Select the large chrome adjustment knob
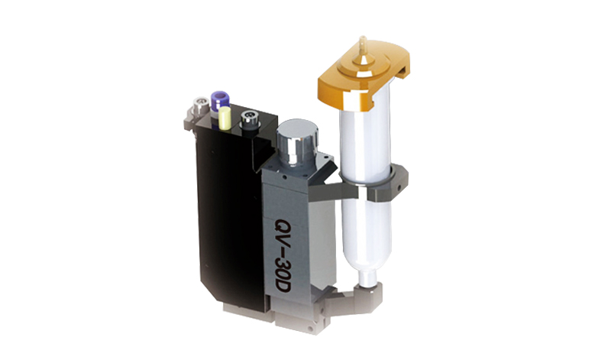point(297,142)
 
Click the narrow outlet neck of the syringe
point(367,279)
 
